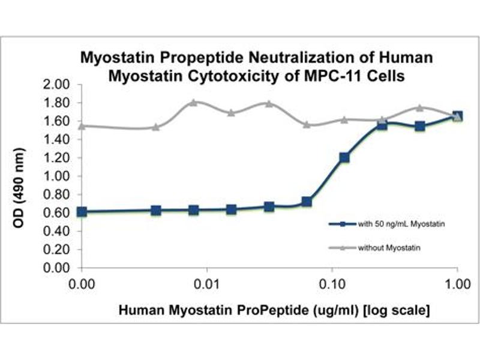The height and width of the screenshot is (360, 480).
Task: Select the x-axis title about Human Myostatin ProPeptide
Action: pyautogui.click(x=273, y=311)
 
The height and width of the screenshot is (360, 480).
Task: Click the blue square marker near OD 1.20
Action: pyautogui.click(x=344, y=158)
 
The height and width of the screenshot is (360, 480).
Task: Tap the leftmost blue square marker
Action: pyautogui.click(x=82, y=212)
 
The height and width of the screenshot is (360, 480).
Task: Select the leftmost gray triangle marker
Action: pyautogui.click(x=82, y=126)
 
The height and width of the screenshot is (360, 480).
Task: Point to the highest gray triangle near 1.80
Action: pyautogui.click(x=193, y=102)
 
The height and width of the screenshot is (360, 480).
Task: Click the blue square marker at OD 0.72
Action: pyautogui.click(x=307, y=202)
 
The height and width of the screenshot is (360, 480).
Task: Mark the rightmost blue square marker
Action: pyautogui.click(x=457, y=116)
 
